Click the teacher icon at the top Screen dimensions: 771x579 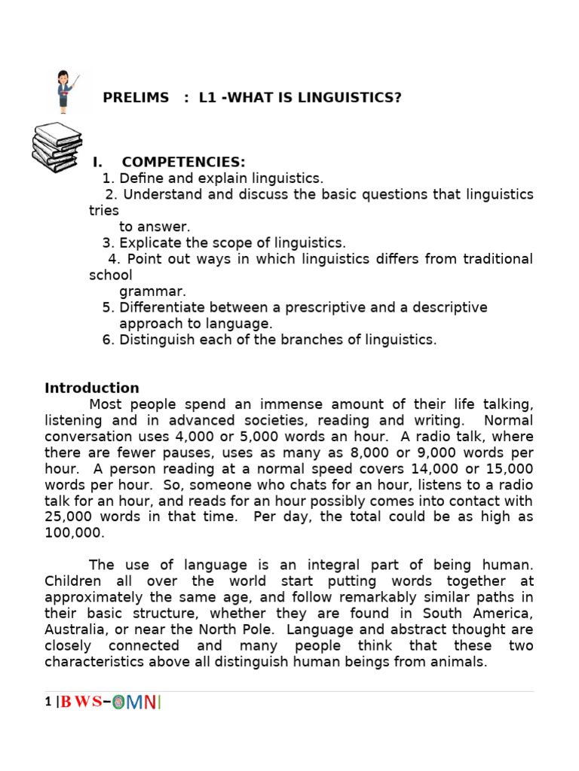click(x=66, y=91)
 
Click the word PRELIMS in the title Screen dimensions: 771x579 click(x=136, y=98)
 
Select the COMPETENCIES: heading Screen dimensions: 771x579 click(x=183, y=163)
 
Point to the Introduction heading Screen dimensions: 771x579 click(x=91, y=388)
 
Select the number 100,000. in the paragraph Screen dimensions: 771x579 click(x=73, y=533)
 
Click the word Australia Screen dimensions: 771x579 click(x=77, y=629)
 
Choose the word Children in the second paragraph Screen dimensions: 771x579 click(x=75, y=581)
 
